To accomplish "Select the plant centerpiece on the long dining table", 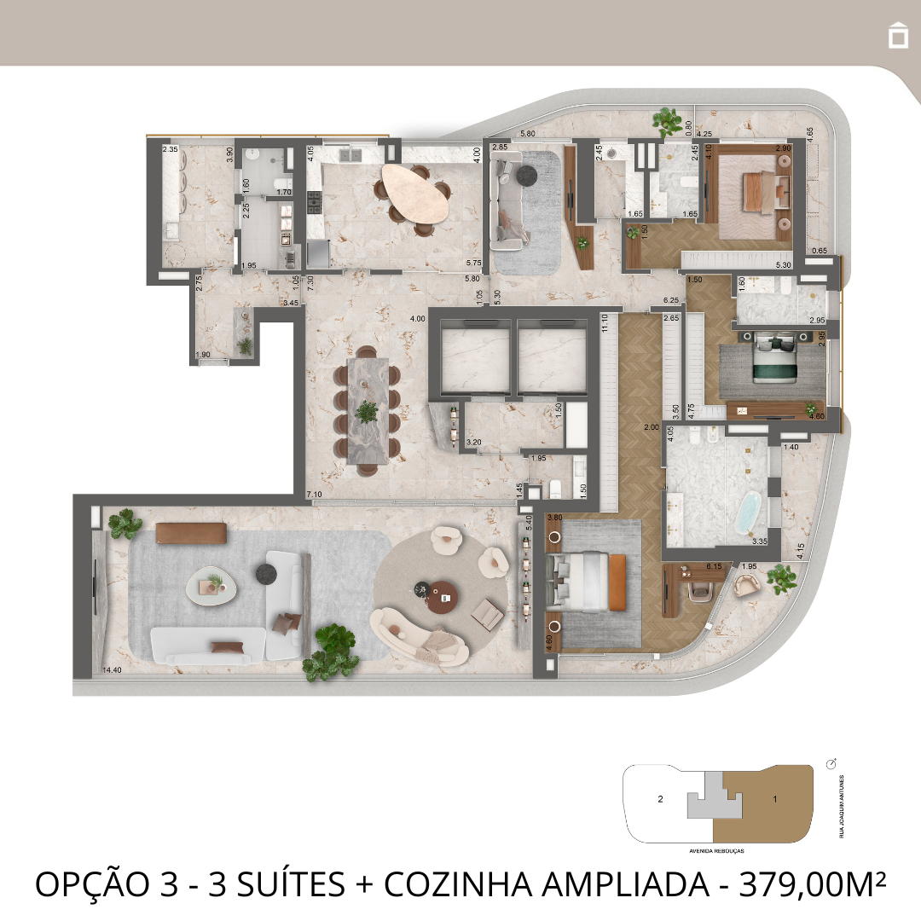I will coord(368,412).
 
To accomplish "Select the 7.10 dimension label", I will coord(314,495).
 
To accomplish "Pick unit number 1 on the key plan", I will coord(774,799).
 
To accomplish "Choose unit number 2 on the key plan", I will coord(660,800).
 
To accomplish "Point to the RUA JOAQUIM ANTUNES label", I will coord(841,806).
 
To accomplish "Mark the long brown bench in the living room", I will coord(190,532).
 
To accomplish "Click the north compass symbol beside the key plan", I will coord(832,762).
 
